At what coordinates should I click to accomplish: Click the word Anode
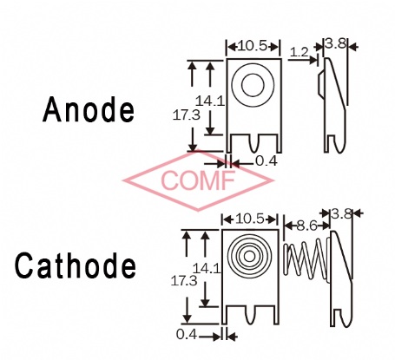[89, 109]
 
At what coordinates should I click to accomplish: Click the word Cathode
[76, 265]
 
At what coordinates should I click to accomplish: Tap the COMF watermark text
[198, 180]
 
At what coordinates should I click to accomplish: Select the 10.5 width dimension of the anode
[252, 46]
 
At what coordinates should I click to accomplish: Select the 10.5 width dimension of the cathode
[250, 219]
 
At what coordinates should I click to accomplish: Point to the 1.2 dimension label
[300, 52]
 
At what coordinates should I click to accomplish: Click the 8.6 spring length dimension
[307, 226]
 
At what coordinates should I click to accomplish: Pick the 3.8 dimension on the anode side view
[335, 43]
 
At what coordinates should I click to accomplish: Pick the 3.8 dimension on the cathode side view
[342, 214]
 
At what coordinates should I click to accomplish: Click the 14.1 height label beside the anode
[210, 101]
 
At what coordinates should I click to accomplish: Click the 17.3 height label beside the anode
[187, 115]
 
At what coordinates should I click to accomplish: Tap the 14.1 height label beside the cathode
[207, 269]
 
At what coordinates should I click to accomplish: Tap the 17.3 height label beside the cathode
[184, 281]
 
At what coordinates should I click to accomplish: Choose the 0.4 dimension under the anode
[267, 161]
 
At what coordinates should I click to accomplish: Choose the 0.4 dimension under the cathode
[187, 335]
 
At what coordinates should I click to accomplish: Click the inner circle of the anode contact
[253, 75]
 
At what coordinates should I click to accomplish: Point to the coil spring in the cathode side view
[306, 259]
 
